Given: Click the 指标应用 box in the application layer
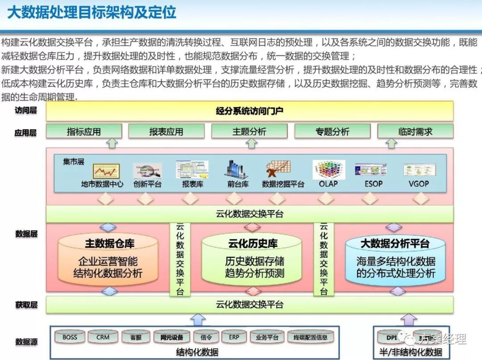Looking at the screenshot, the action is pyautogui.click(x=84, y=131).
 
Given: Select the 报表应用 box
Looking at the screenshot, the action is pyautogui.click(x=166, y=131).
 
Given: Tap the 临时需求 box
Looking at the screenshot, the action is pyautogui.click(x=415, y=131).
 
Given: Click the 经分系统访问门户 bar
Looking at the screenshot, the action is pyautogui.click(x=249, y=111).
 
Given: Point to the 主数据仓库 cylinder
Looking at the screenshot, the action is pyautogui.click(x=108, y=261).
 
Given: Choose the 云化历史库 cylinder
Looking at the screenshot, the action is pyautogui.click(x=253, y=261).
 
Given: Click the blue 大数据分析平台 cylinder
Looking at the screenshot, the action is pyautogui.click(x=395, y=261).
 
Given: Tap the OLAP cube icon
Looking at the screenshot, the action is pyautogui.click(x=328, y=170).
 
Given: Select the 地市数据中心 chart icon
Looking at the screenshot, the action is pyautogui.click(x=106, y=171).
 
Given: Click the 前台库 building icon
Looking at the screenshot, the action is pyautogui.click(x=237, y=170).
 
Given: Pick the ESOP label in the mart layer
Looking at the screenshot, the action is pyautogui.click(x=373, y=184).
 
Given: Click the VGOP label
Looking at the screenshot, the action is pyautogui.click(x=418, y=184).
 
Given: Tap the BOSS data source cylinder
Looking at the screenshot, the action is pyautogui.click(x=70, y=338).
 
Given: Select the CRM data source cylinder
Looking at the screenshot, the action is pyautogui.click(x=103, y=338).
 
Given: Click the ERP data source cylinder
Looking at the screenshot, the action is pyautogui.click(x=234, y=338).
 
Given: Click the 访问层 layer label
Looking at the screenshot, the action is pyautogui.click(x=26, y=110).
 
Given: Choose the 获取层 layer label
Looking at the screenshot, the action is pyautogui.click(x=26, y=305).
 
